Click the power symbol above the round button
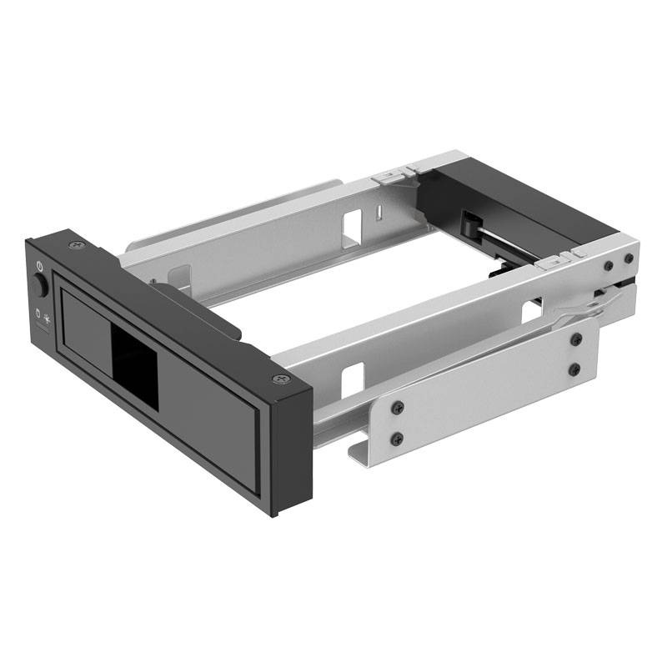[39, 266]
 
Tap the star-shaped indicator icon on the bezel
[48, 318]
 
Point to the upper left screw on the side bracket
[399, 407]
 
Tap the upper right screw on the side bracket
[575, 339]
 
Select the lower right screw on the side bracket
[575, 368]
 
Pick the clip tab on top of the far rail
[389, 177]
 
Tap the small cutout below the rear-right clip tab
[531, 311]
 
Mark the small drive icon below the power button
[37, 316]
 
